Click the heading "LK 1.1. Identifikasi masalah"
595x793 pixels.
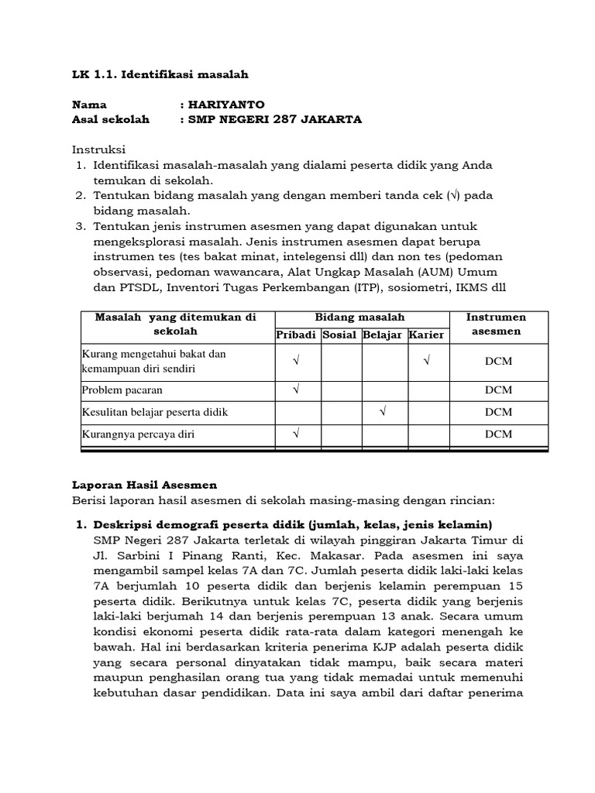160,74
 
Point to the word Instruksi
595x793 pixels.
98,149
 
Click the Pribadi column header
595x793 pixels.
297,335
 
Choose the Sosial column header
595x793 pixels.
339,335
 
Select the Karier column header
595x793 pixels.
427,335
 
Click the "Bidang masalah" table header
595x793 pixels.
360,318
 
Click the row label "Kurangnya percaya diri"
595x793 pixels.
138,434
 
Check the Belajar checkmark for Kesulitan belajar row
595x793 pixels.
383,412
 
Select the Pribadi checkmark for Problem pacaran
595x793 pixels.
297,390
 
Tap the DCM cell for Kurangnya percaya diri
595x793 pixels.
497,434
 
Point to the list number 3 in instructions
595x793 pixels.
80,226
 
